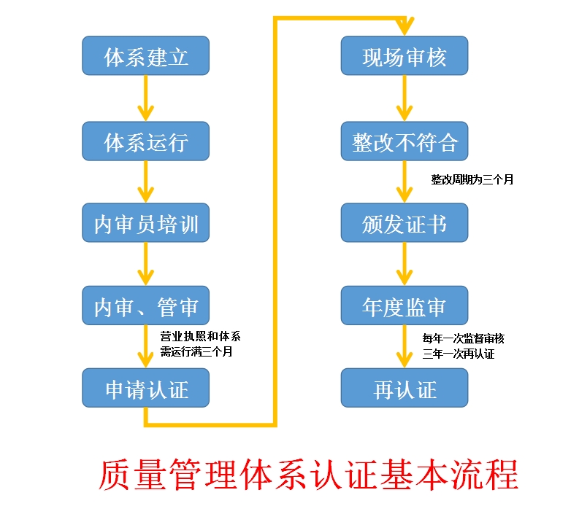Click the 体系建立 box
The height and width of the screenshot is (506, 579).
click(146, 55)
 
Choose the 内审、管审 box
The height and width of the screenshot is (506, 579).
click(146, 306)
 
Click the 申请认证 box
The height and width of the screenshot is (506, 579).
click(146, 389)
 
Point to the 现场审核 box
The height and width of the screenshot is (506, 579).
click(404, 55)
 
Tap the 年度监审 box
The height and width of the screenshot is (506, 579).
click(404, 306)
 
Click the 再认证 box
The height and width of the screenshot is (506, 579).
click(404, 389)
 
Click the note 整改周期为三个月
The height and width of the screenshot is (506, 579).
click(472, 179)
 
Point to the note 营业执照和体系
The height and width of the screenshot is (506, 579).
click(200, 337)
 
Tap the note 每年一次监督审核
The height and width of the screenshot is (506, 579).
click(463, 338)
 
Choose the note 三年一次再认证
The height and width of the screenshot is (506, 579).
click(459, 354)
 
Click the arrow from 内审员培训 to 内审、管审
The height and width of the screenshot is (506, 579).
click(146, 264)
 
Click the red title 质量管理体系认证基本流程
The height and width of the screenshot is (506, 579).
click(308, 474)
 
